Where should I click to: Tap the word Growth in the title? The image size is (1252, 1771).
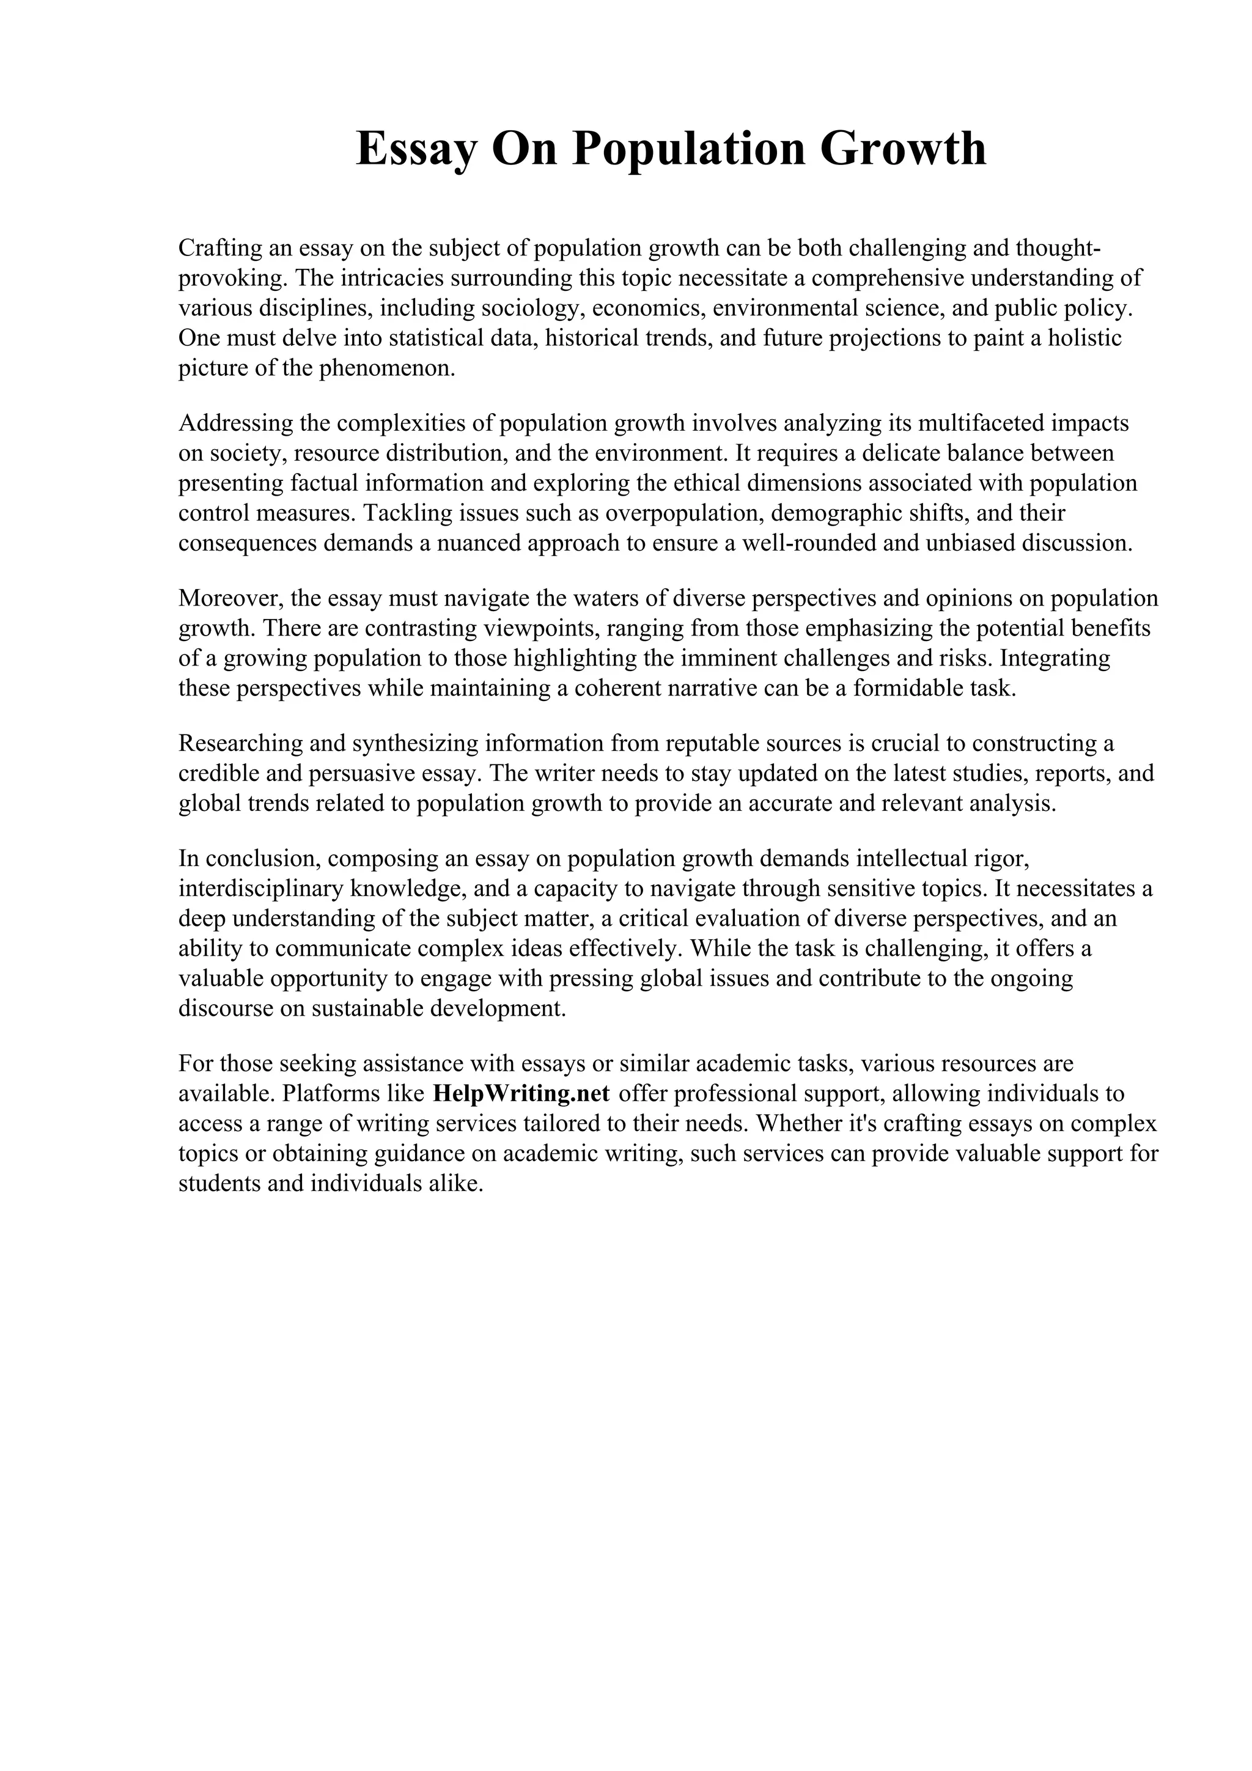click(904, 149)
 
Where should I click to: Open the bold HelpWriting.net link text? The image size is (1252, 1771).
click(521, 1094)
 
